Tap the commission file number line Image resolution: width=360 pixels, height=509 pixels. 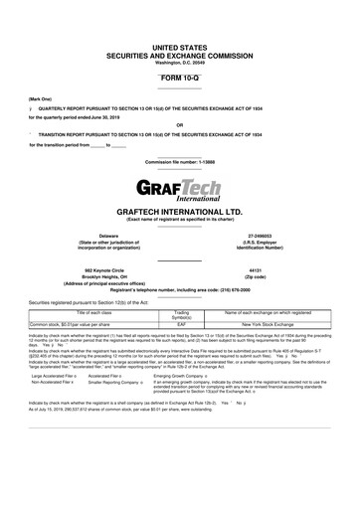click(x=179, y=160)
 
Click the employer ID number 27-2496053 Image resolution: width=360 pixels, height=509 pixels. click(x=262, y=235)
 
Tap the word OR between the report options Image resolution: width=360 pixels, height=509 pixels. click(x=179, y=124)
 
